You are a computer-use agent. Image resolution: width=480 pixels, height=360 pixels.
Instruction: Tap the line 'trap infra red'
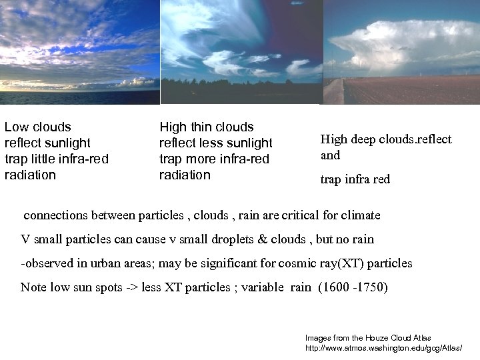pyautogui.click(x=355, y=179)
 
